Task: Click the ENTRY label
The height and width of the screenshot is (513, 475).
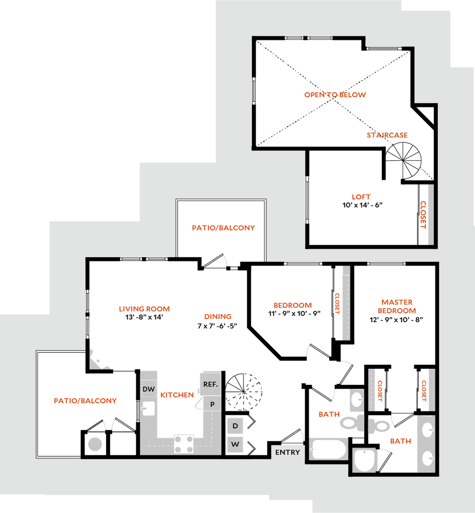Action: pos(288,452)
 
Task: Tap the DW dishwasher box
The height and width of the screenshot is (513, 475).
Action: pos(148,389)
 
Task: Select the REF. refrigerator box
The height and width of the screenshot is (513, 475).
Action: pos(210,384)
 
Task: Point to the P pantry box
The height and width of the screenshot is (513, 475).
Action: pos(212,404)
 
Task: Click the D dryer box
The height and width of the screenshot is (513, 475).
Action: pos(235,426)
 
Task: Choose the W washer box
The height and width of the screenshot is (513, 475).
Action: pos(235,444)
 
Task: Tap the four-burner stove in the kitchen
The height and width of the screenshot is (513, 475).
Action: pos(184,443)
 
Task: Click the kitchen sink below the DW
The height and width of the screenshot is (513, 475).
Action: pos(148,408)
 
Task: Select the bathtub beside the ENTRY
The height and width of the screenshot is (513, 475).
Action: pos(328,448)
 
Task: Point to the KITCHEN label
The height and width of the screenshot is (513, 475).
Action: pos(177,395)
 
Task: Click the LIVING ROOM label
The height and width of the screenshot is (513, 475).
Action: pos(145,309)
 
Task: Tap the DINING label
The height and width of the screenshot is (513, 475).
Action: pos(218,317)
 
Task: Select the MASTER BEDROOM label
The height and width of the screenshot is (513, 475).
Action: pos(397,306)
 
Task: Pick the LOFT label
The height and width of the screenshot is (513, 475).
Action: pos(361,197)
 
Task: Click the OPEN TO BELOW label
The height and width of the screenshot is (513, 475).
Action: pos(335,95)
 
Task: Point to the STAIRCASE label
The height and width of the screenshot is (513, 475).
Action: pos(387,135)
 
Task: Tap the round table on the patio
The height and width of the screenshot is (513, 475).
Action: pos(95,443)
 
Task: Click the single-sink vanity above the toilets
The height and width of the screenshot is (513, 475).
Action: pos(356,400)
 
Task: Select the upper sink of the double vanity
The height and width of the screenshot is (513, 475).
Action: pos(427,430)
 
